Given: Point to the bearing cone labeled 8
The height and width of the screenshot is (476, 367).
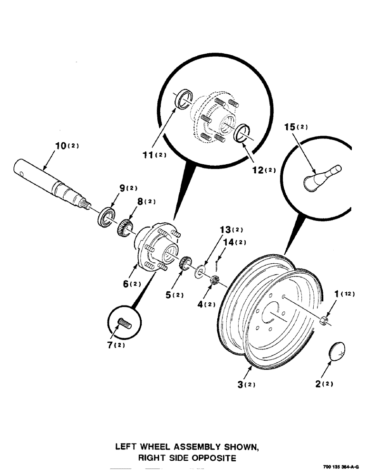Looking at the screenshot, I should click(124, 227).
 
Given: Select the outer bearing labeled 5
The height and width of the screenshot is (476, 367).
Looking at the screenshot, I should click(185, 263).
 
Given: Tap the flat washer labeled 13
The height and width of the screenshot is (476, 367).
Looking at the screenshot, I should click(200, 271).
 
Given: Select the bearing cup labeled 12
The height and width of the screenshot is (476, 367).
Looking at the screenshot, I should click(243, 132).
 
